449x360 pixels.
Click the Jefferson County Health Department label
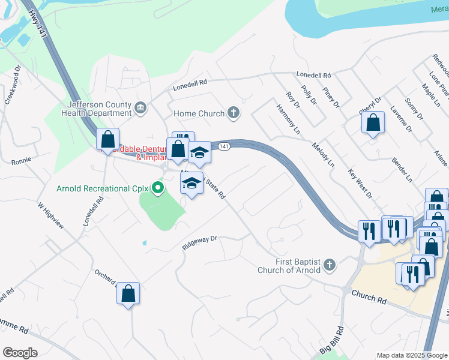(x=95, y=108)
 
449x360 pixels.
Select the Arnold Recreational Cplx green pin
(x=158, y=188)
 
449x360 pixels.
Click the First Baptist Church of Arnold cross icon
(x=329, y=265)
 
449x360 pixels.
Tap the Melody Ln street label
(x=323, y=154)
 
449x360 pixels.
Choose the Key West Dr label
(x=360, y=184)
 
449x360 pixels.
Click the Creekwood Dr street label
(x=13, y=89)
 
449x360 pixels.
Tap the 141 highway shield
(x=223, y=147)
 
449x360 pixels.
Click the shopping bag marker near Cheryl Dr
(x=373, y=123)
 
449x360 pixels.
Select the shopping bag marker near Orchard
(x=128, y=293)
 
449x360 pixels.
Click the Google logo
(x=20, y=353)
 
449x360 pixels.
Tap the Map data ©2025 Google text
(x=412, y=355)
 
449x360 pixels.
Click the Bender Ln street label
(x=402, y=170)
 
